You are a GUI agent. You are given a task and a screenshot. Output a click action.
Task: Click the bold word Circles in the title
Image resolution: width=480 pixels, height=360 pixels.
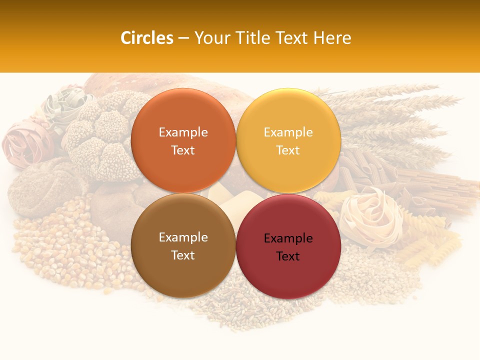[x=146, y=38]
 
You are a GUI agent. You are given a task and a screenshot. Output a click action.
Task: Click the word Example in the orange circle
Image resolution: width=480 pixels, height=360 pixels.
[x=183, y=132]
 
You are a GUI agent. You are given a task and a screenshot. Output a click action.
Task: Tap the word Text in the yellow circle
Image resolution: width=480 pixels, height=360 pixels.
[x=288, y=150]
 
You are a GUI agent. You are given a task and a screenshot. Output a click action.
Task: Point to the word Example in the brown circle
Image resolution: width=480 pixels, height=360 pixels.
[x=183, y=237]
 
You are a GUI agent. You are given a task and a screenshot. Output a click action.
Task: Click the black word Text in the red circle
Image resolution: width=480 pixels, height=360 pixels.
[x=288, y=256]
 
